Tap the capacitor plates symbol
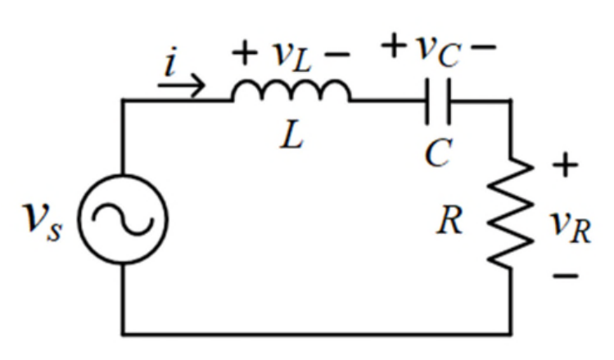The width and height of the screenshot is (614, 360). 438,101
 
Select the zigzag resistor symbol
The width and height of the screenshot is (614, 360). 510,213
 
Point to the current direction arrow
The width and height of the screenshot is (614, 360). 181,85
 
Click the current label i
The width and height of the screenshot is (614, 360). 171,61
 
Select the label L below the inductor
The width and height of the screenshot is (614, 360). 291,134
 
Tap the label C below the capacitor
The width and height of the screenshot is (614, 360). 439,153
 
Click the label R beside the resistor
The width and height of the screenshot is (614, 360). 449,221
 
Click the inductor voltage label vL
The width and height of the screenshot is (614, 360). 292,56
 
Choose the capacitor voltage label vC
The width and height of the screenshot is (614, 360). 438,52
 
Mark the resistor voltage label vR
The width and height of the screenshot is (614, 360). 571,227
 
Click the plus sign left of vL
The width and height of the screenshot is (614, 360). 245,52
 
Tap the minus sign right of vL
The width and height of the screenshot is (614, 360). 337,54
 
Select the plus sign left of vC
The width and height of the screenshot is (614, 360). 394,45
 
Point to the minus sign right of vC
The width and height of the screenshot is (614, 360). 484,47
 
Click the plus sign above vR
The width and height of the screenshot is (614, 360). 565,165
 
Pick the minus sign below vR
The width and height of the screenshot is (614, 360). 565,276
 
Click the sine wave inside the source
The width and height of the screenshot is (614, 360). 123,219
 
